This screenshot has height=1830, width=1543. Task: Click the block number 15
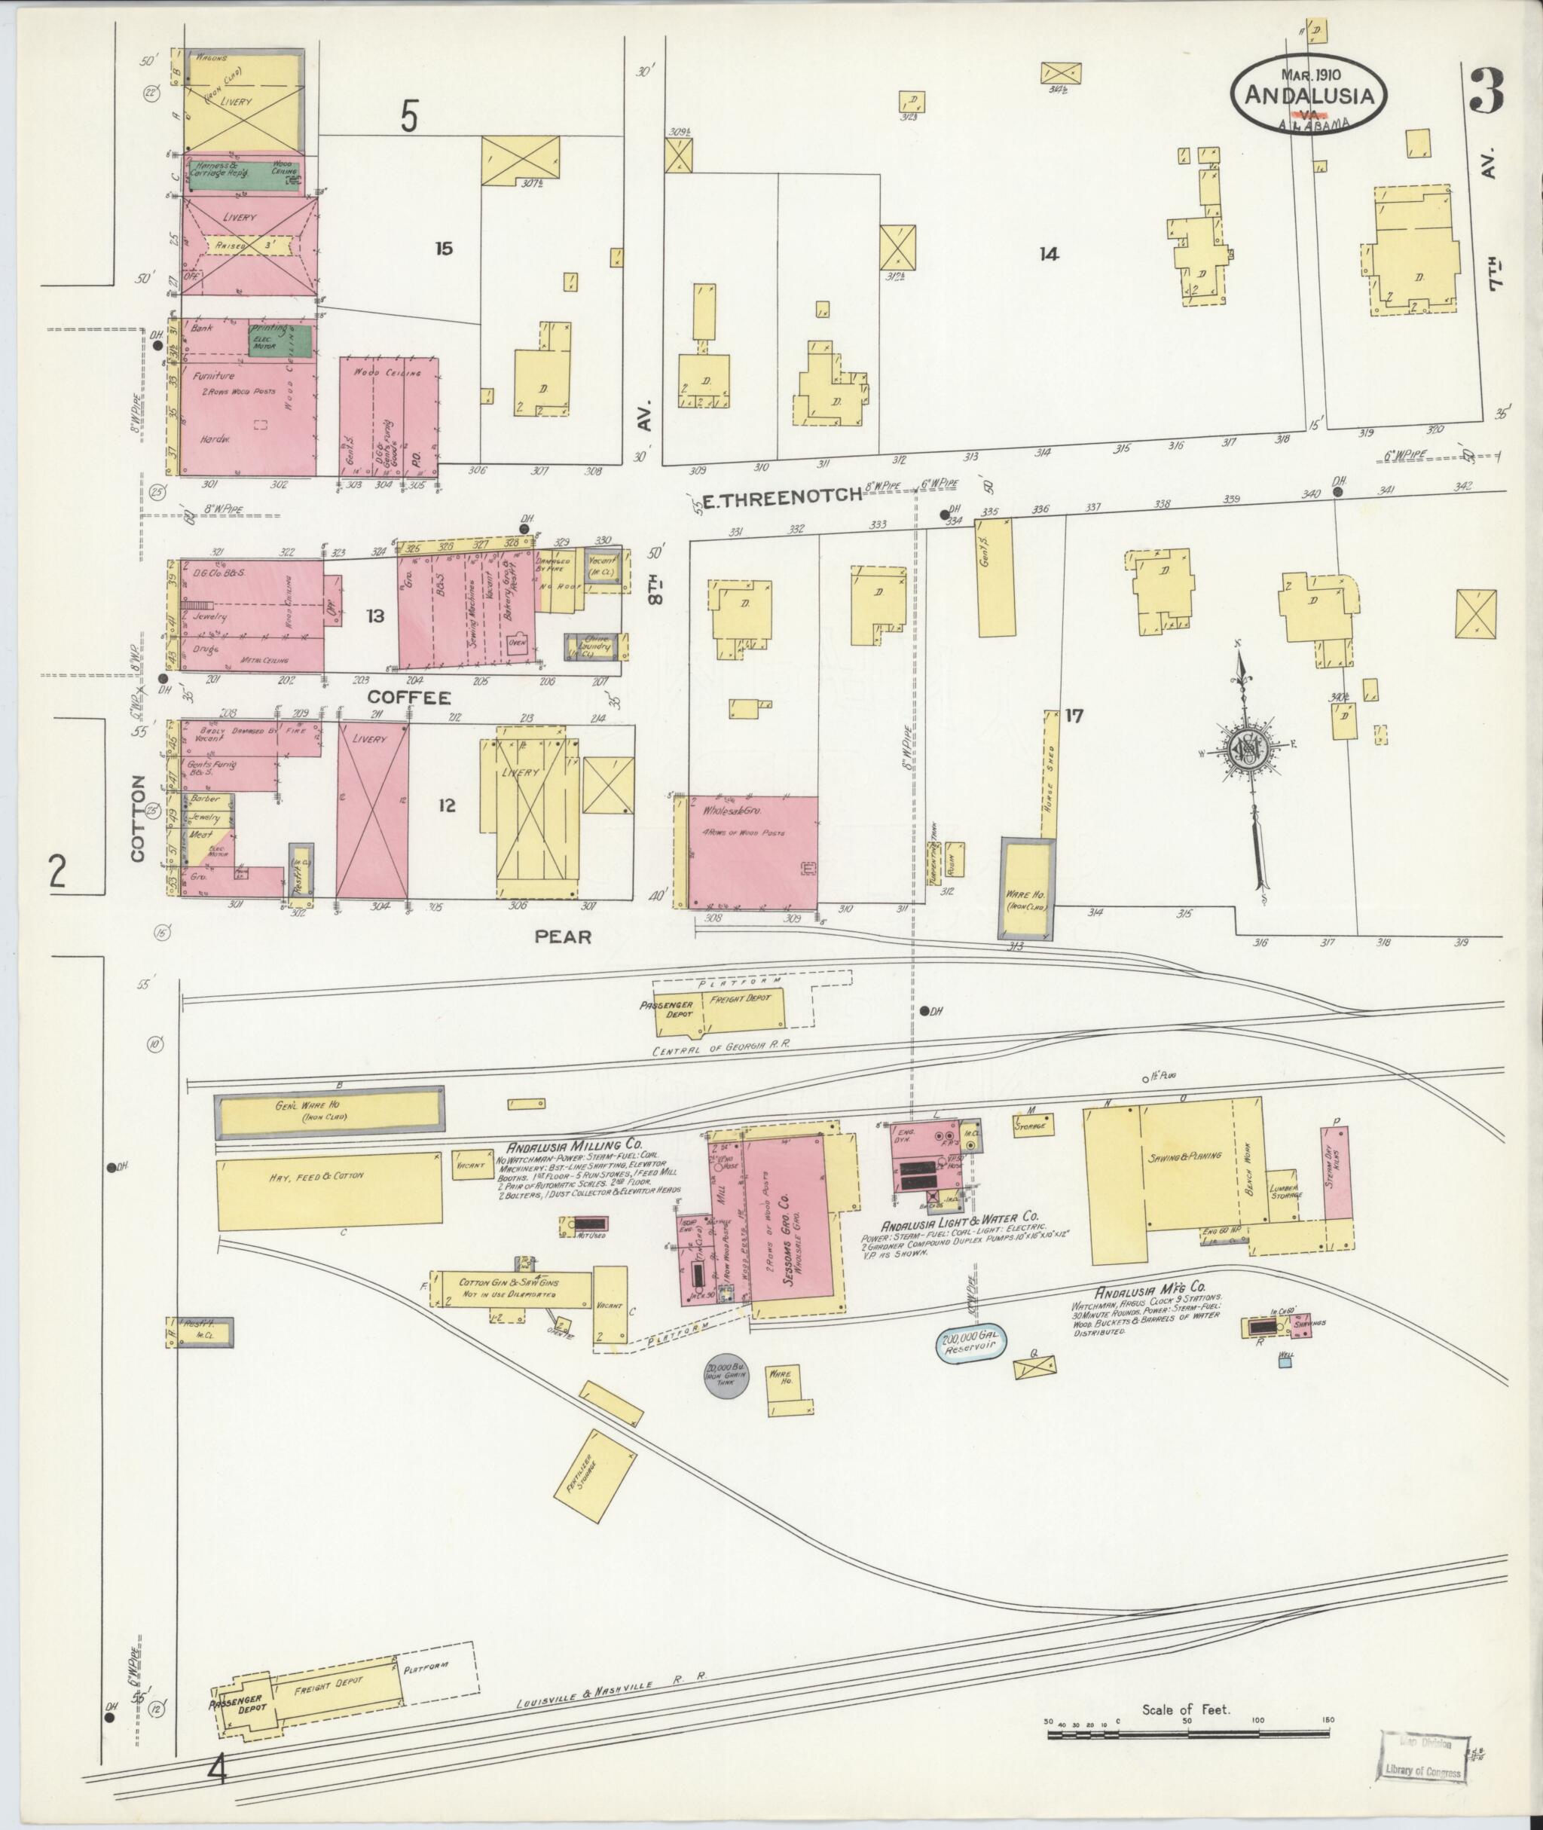[x=445, y=249]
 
